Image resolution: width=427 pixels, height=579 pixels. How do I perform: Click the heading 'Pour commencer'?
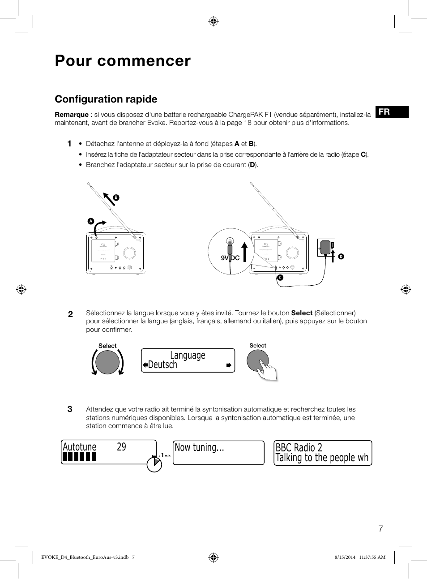(x=123, y=61)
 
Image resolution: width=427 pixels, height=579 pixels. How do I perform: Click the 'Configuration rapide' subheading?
(x=106, y=99)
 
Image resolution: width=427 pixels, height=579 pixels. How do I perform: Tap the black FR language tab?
(x=392, y=112)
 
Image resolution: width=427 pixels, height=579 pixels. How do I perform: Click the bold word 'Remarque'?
(x=72, y=115)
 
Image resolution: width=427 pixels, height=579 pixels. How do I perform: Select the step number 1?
(x=69, y=144)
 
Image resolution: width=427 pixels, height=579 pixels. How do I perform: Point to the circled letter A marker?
(x=91, y=221)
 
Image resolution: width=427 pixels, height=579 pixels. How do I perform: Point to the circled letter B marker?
(x=116, y=197)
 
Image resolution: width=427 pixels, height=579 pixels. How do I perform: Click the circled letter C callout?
(x=280, y=278)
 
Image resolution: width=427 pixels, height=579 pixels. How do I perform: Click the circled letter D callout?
(x=341, y=257)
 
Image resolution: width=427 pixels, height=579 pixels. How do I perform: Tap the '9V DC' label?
(x=230, y=258)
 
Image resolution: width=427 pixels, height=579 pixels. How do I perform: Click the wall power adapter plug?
(x=326, y=248)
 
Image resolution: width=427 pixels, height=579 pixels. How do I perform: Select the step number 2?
(x=70, y=314)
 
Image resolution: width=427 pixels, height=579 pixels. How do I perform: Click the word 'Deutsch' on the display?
(x=162, y=365)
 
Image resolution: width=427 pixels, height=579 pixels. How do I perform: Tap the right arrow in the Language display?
(x=229, y=365)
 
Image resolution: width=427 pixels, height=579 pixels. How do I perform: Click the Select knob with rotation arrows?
(x=107, y=362)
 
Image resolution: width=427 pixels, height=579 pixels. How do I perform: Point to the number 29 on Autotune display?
(x=121, y=447)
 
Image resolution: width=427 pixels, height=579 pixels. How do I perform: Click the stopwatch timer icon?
(x=154, y=464)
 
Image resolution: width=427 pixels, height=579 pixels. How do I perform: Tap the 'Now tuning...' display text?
(x=199, y=447)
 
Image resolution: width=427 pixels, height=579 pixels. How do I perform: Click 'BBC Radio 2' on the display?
(x=299, y=447)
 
